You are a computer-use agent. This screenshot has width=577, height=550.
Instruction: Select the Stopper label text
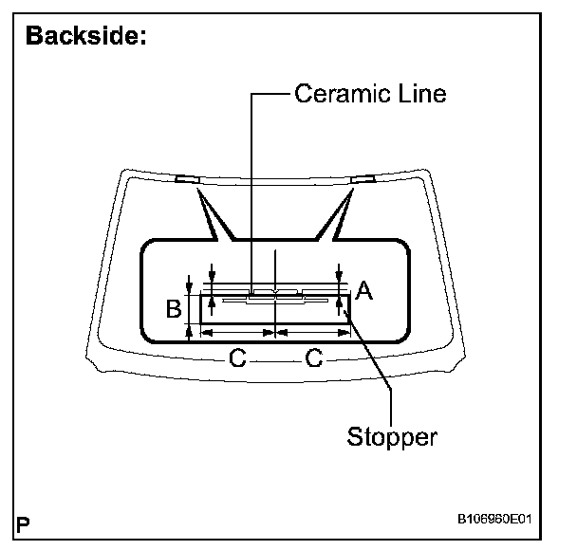pos(392,437)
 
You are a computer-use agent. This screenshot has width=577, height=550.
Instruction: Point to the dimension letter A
pos(363,294)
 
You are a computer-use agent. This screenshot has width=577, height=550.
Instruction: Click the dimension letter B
pos(174,309)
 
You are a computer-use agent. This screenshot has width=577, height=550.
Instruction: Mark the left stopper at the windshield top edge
pos(186,178)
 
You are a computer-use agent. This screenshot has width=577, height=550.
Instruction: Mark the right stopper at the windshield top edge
pos(363,178)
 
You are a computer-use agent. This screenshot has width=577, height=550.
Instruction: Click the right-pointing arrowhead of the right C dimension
pos(344,332)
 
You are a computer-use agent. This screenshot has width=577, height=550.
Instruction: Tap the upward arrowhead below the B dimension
pos(191,330)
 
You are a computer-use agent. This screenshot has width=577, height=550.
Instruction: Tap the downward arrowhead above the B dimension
pos(191,286)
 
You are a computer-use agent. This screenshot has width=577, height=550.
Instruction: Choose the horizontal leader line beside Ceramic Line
pos(270,94)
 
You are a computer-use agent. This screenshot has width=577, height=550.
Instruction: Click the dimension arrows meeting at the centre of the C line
pos(274,332)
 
